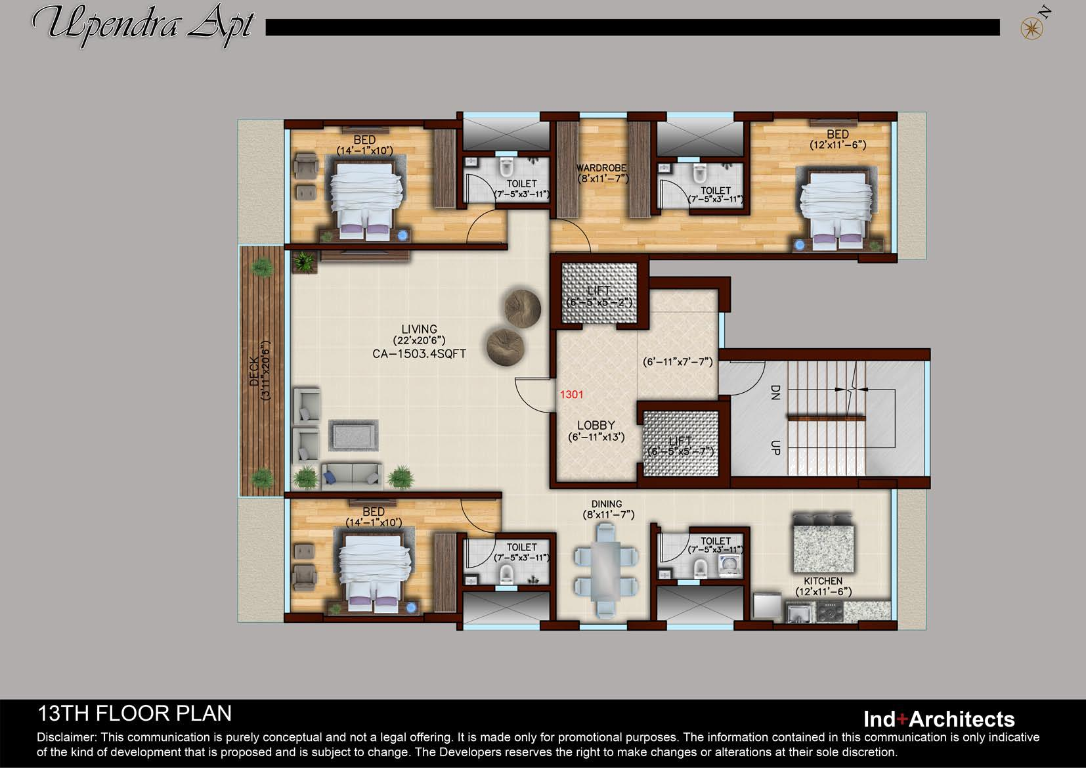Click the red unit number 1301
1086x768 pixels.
pyautogui.click(x=572, y=394)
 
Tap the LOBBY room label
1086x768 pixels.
pyautogui.click(x=596, y=425)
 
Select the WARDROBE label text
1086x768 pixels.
pyautogui.click(x=601, y=168)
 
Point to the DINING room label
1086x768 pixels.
pyautogui.click(x=607, y=504)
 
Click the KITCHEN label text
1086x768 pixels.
pyautogui.click(x=823, y=581)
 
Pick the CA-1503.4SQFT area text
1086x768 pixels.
pyautogui.click(x=419, y=353)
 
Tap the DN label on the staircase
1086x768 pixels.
pyautogui.click(x=775, y=392)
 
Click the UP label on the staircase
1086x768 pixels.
pyautogui.click(x=775, y=447)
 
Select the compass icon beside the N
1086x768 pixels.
pyautogui.click(x=1032, y=29)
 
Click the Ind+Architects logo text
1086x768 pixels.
pyautogui.click(x=939, y=719)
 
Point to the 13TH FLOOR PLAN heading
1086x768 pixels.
pyautogui.click(x=135, y=713)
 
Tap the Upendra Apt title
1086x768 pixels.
pyautogui.click(x=144, y=25)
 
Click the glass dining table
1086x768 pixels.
pyautogui.click(x=606, y=570)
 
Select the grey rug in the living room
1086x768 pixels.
pyautogui.click(x=354, y=435)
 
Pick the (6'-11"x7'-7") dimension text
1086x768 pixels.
pyautogui.click(x=678, y=361)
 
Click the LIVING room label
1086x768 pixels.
pyautogui.click(x=419, y=329)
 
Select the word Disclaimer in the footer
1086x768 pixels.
pyautogui.click(x=67, y=737)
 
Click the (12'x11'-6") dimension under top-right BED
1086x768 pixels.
pyautogui.click(x=838, y=145)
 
